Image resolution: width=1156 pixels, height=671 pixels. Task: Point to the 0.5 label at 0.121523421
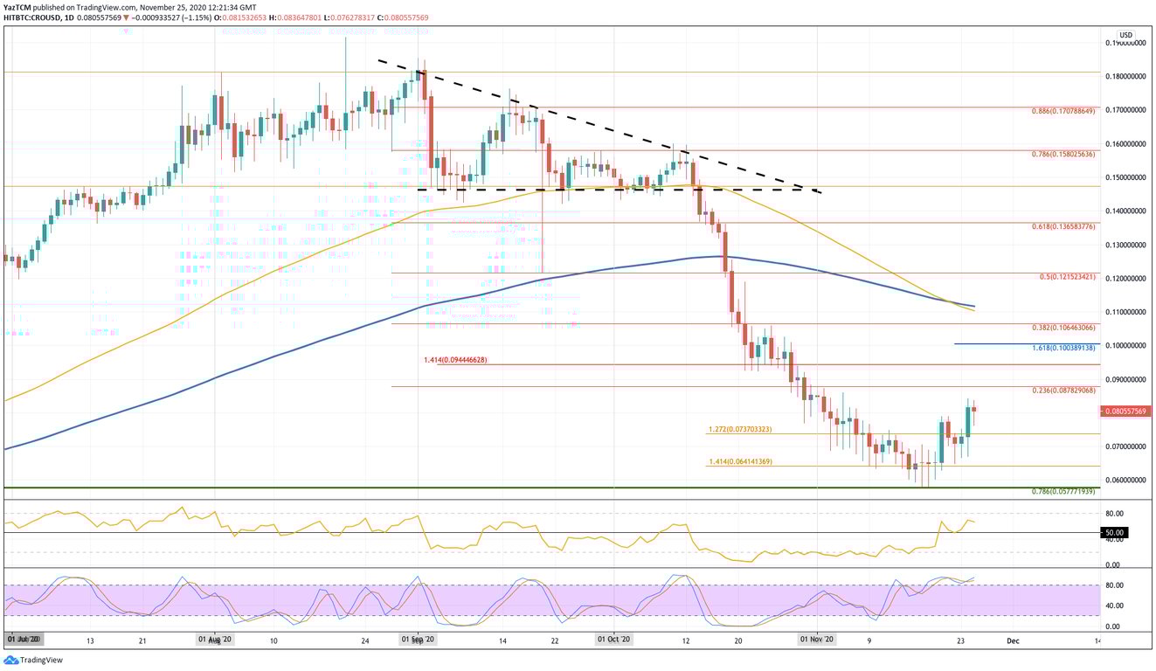tap(1067, 277)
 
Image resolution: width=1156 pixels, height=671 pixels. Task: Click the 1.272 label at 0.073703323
tap(739, 429)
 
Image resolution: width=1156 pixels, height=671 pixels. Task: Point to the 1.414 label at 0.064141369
tap(739, 461)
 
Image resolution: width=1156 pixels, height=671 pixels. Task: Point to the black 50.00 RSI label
tap(1114, 532)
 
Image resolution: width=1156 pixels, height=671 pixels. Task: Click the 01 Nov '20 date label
tap(818, 640)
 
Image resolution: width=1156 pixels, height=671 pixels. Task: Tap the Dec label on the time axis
tap(1012, 640)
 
